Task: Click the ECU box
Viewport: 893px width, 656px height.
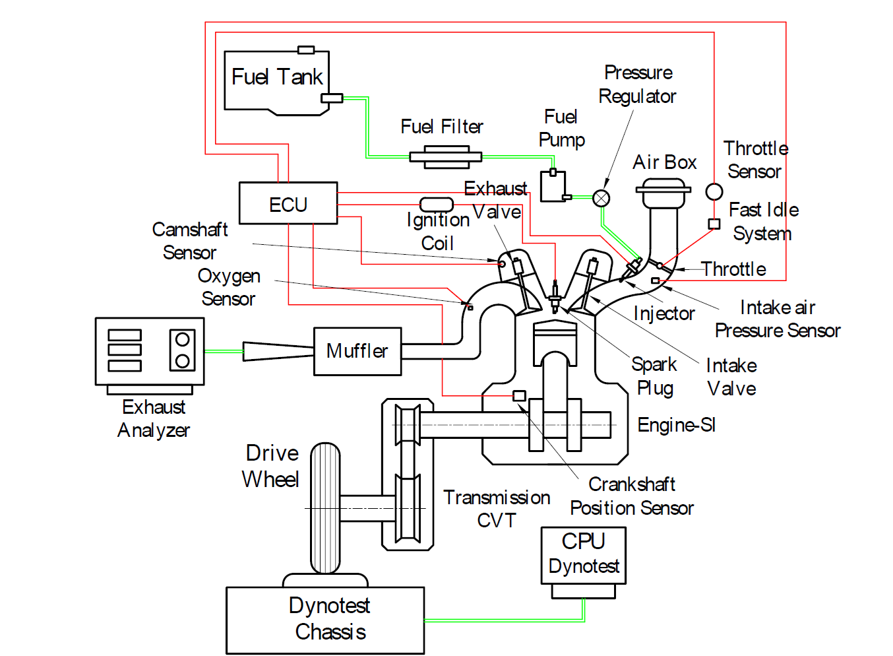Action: tap(288, 203)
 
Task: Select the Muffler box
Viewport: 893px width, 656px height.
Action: tap(357, 352)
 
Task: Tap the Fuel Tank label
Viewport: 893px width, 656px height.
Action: tap(277, 77)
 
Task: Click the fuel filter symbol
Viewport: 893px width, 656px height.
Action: tap(446, 157)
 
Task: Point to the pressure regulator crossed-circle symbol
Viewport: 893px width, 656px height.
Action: tap(601, 198)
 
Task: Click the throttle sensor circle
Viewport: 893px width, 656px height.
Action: tap(714, 191)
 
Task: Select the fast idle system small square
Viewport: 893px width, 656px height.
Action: tap(714, 224)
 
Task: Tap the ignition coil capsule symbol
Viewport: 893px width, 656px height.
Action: tap(437, 205)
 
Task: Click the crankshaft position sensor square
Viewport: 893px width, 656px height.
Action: tap(519, 396)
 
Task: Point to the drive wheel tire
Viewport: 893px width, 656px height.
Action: tap(325, 508)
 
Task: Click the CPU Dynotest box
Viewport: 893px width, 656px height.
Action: tap(584, 556)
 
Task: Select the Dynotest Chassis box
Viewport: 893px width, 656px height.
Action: tap(325, 620)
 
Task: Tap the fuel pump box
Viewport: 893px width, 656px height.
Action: tap(553, 186)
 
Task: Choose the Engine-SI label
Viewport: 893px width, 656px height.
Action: tap(677, 425)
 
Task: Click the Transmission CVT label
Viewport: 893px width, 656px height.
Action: tap(497, 509)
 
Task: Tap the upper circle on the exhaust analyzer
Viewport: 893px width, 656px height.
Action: tap(182, 340)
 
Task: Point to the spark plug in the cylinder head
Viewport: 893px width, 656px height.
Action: tap(555, 297)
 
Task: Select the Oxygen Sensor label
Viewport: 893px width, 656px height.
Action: tap(229, 287)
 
